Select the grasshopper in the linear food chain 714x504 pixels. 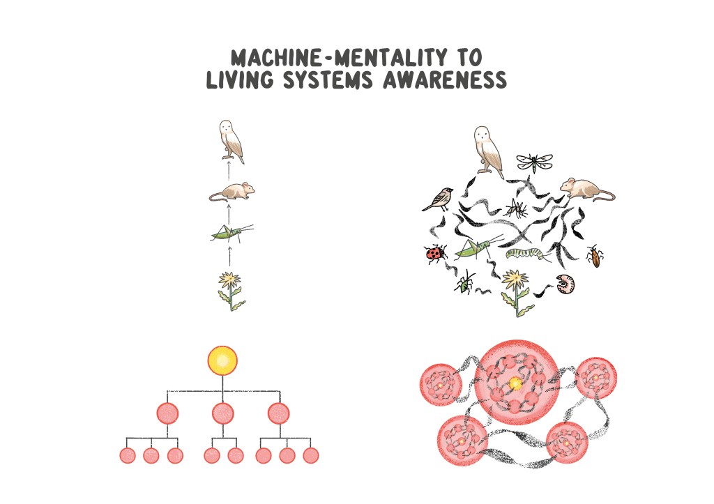click(230, 234)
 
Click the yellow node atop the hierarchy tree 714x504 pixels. click(223, 360)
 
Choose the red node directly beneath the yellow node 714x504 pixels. click(223, 413)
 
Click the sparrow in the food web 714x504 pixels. click(439, 199)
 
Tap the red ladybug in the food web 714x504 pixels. click(436, 253)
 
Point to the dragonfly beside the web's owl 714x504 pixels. click(533, 162)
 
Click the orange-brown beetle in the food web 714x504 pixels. click(595, 256)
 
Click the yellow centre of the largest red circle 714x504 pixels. click(515, 383)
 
